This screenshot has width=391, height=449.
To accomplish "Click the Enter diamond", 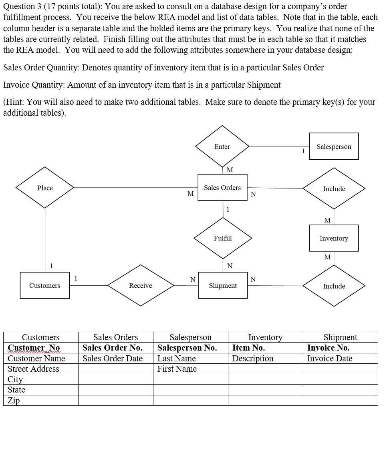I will pos(222,146).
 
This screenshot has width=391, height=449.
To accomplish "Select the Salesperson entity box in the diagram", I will pos(334,146).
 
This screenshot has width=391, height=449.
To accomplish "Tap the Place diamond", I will pos(45,188).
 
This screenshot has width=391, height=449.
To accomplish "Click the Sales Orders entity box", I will pos(222,187).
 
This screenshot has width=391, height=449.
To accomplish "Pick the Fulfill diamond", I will pos(223,238).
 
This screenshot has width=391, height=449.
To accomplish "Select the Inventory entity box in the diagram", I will pos(334,238).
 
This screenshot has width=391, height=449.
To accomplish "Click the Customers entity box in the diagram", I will pos(44,285).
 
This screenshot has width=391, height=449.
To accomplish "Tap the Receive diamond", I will pos(140,285).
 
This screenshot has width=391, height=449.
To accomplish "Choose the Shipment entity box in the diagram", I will pos(223,285).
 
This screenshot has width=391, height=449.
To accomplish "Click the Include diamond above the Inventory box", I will pos(334,188).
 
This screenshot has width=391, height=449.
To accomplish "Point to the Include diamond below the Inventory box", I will pos(334,286).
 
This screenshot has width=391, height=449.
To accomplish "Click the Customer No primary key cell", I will pos(40,348).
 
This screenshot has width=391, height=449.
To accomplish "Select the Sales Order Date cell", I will pos(115,359).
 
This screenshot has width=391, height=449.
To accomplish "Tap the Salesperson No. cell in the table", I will pos(190,348).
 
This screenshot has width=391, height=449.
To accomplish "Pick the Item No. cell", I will pos(265,348).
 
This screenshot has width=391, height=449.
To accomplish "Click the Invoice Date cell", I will pos(340,359).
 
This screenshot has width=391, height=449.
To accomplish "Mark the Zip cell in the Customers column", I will pos(40,401).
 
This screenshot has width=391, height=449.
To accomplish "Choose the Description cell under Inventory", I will pos(265,359).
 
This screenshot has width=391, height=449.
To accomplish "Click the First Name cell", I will pos(190,369).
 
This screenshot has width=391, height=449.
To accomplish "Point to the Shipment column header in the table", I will pos(340,337).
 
